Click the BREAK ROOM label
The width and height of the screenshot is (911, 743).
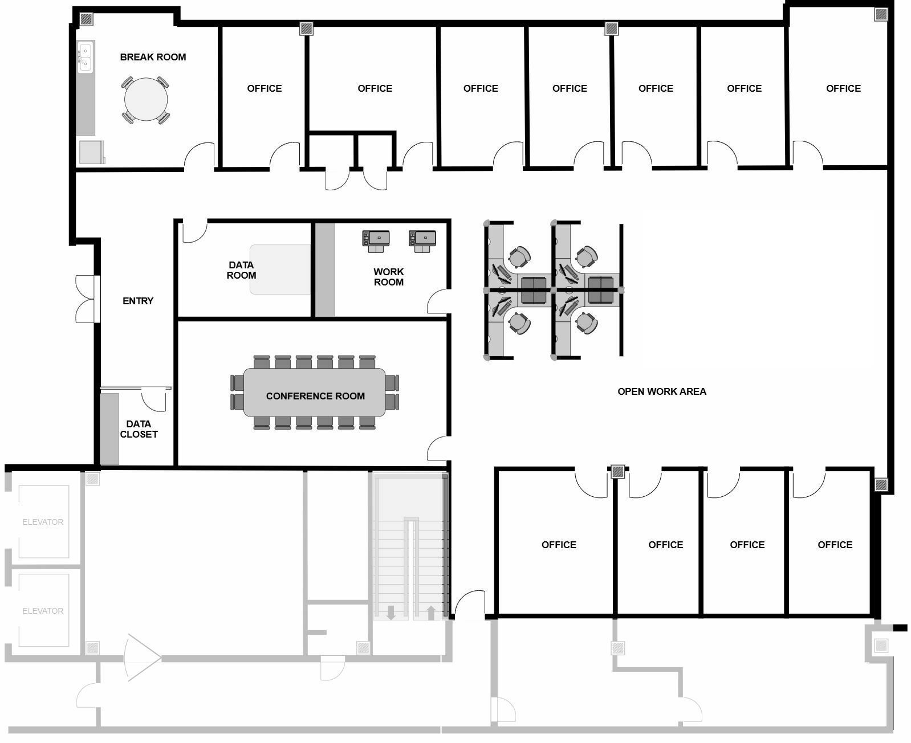pyautogui.click(x=153, y=57)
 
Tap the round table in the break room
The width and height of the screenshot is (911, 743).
pyautogui.click(x=145, y=99)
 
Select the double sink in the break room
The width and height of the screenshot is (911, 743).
pyautogui.click(x=85, y=57)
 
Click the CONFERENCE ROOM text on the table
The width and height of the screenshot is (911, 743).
pyautogui.click(x=315, y=396)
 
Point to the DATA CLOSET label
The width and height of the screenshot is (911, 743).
pyautogui.click(x=139, y=429)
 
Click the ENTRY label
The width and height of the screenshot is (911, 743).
pyautogui.click(x=138, y=301)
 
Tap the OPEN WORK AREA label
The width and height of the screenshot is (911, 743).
pyautogui.click(x=662, y=391)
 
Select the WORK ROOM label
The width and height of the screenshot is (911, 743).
pyautogui.click(x=389, y=277)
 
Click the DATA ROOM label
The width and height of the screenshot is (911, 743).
pyautogui.click(x=241, y=270)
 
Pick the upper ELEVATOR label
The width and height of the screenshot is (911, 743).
pyautogui.click(x=43, y=522)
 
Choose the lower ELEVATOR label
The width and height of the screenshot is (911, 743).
pyautogui.click(x=43, y=611)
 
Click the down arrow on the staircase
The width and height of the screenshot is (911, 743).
pyautogui.click(x=391, y=613)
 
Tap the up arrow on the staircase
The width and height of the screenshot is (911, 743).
pyautogui.click(x=430, y=613)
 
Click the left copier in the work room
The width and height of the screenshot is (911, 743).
pyautogui.click(x=376, y=241)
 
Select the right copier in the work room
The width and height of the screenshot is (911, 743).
pyautogui.click(x=422, y=241)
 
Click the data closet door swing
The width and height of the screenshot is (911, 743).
pyautogui.click(x=154, y=400)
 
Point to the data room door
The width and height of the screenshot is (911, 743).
pyautogui.click(x=195, y=231)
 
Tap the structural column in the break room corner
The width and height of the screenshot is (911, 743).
pyautogui.click(x=87, y=19)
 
